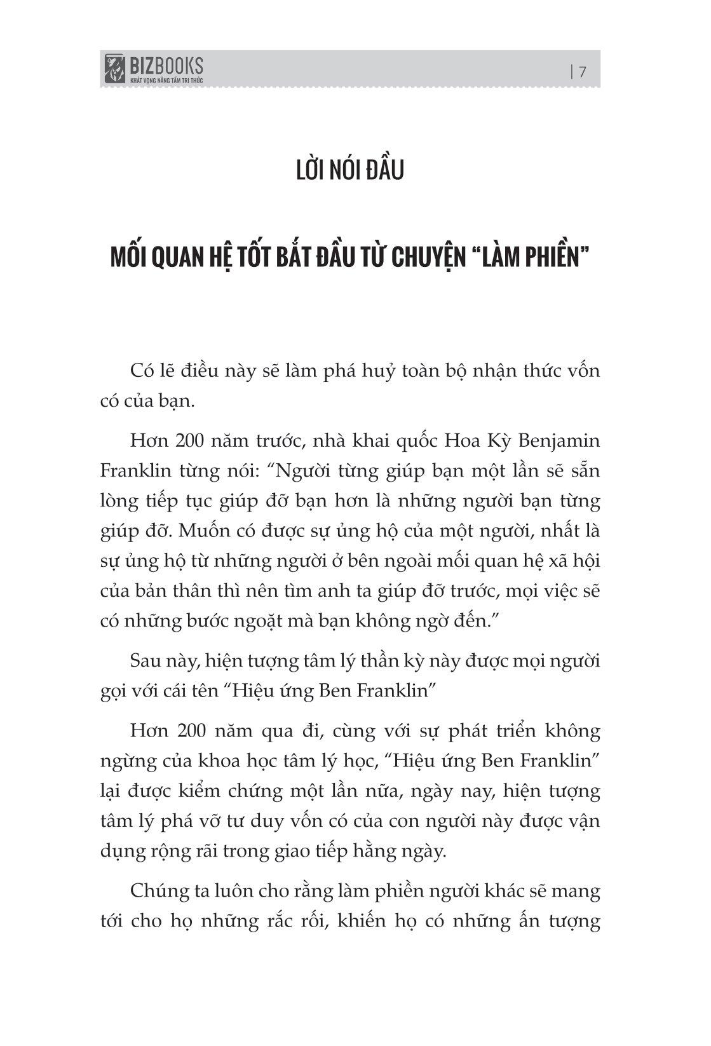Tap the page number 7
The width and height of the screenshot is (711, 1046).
[582, 71]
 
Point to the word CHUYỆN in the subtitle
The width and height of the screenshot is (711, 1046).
[428, 259]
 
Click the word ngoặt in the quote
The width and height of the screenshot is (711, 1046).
[288, 620]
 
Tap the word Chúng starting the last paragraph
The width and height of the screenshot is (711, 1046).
[156, 891]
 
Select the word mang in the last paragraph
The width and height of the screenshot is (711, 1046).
[578, 891]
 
